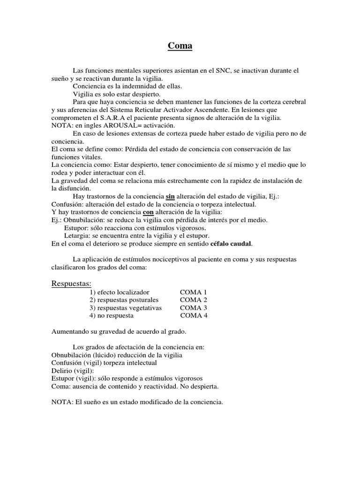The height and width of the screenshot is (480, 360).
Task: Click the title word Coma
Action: [x=180, y=46]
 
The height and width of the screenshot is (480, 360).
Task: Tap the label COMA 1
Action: [x=193, y=292]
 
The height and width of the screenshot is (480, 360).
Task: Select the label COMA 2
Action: [x=193, y=300]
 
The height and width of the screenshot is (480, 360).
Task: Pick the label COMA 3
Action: [x=193, y=308]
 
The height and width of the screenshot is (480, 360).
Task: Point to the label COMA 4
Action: [x=193, y=316]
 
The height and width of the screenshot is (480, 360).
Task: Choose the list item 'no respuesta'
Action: [x=112, y=316]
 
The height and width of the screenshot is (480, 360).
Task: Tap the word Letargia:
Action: [x=78, y=236]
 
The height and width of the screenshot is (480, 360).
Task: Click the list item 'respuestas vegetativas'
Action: [x=126, y=308]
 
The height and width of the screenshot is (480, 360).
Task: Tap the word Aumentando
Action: [x=70, y=332]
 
